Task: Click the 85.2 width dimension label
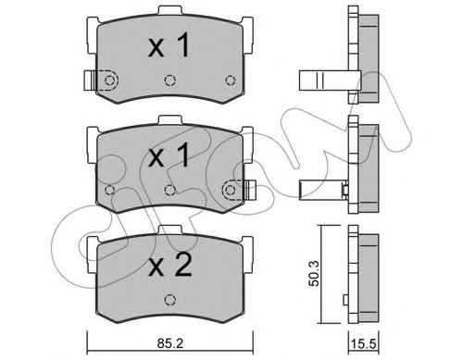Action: [x=170, y=343]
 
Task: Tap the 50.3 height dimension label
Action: [x=315, y=274]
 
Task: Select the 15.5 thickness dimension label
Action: [x=363, y=343]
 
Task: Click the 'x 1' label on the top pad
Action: [x=169, y=46]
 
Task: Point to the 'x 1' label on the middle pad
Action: [x=169, y=155]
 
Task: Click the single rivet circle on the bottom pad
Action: [x=169, y=299]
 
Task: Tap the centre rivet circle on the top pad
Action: [x=169, y=81]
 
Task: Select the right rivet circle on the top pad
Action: [x=231, y=81]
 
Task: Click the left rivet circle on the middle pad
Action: [x=109, y=190]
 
